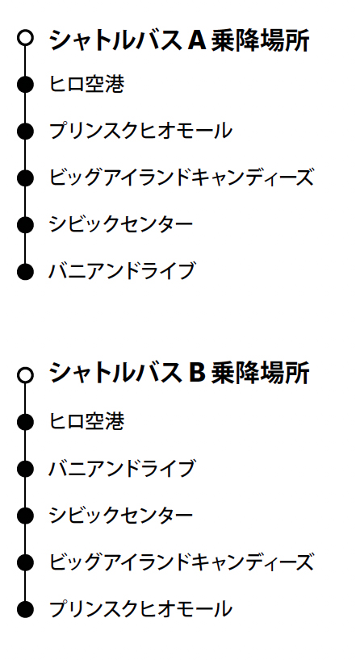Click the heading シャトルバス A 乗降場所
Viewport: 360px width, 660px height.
(x=179, y=40)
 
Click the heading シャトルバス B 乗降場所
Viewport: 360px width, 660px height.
(x=179, y=373)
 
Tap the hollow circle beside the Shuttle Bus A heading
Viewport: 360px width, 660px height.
(x=25, y=37)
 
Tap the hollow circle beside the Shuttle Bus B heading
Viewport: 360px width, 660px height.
(x=25, y=374)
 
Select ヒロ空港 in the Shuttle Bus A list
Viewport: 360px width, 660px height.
(x=86, y=84)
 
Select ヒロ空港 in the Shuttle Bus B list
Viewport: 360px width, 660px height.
(x=86, y=421)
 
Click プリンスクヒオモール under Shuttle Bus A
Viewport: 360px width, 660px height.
(x=140, y=131)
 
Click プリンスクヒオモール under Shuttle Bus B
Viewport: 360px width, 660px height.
(x=140, y=608)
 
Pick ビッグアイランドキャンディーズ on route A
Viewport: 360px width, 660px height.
(x=182, y=178)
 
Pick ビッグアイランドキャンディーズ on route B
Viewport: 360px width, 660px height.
(x=182, y=562)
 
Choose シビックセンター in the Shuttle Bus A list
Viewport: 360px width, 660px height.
(x=121, y=224)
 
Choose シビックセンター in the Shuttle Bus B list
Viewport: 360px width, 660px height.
(x=121, y=516)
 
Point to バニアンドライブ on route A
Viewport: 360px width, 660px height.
(x=122, y=270)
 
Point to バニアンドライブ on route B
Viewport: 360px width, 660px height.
(x=122, y=468)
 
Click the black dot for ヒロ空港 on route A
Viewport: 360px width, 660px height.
(x=25, y=84)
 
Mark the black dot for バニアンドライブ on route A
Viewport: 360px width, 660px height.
(x=25, y=271)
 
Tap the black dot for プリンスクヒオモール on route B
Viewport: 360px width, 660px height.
(x=25, y=609)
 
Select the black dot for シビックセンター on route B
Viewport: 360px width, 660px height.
(x=25, y=516)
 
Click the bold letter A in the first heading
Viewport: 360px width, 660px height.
(x=197, y=40)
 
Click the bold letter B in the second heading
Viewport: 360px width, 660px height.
(x=197, y=373)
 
